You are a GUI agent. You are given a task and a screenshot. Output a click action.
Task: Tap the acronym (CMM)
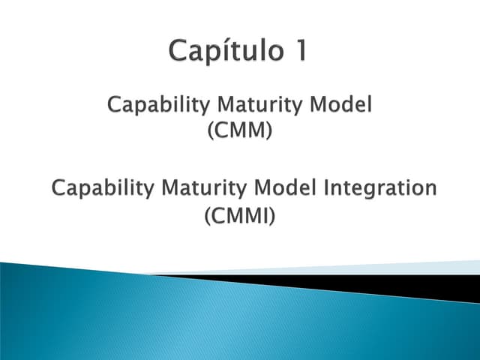pyautogui.click(x=239, y=130)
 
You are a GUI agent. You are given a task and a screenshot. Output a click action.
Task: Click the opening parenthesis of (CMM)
pyautogui.click(x=208, y=131)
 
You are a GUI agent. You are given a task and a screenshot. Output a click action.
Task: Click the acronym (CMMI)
pyautogui.click(x=239, y=217)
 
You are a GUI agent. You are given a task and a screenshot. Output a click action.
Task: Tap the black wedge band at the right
pyautogui.click(x=420, y=285)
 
